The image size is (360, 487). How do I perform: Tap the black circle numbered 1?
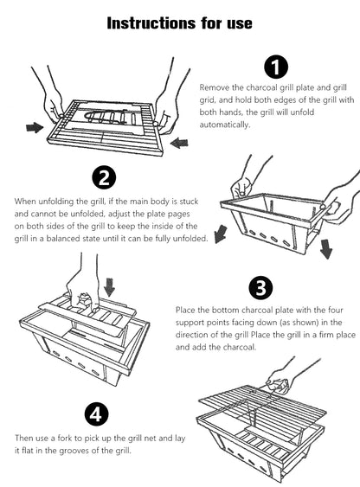click(x=274, y=66)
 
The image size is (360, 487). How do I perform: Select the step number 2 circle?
click(x=103, y=178)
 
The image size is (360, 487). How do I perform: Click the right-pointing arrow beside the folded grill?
click(x=34, y=127)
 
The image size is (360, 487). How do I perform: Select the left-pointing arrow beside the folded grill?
click(x=177, y=141)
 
